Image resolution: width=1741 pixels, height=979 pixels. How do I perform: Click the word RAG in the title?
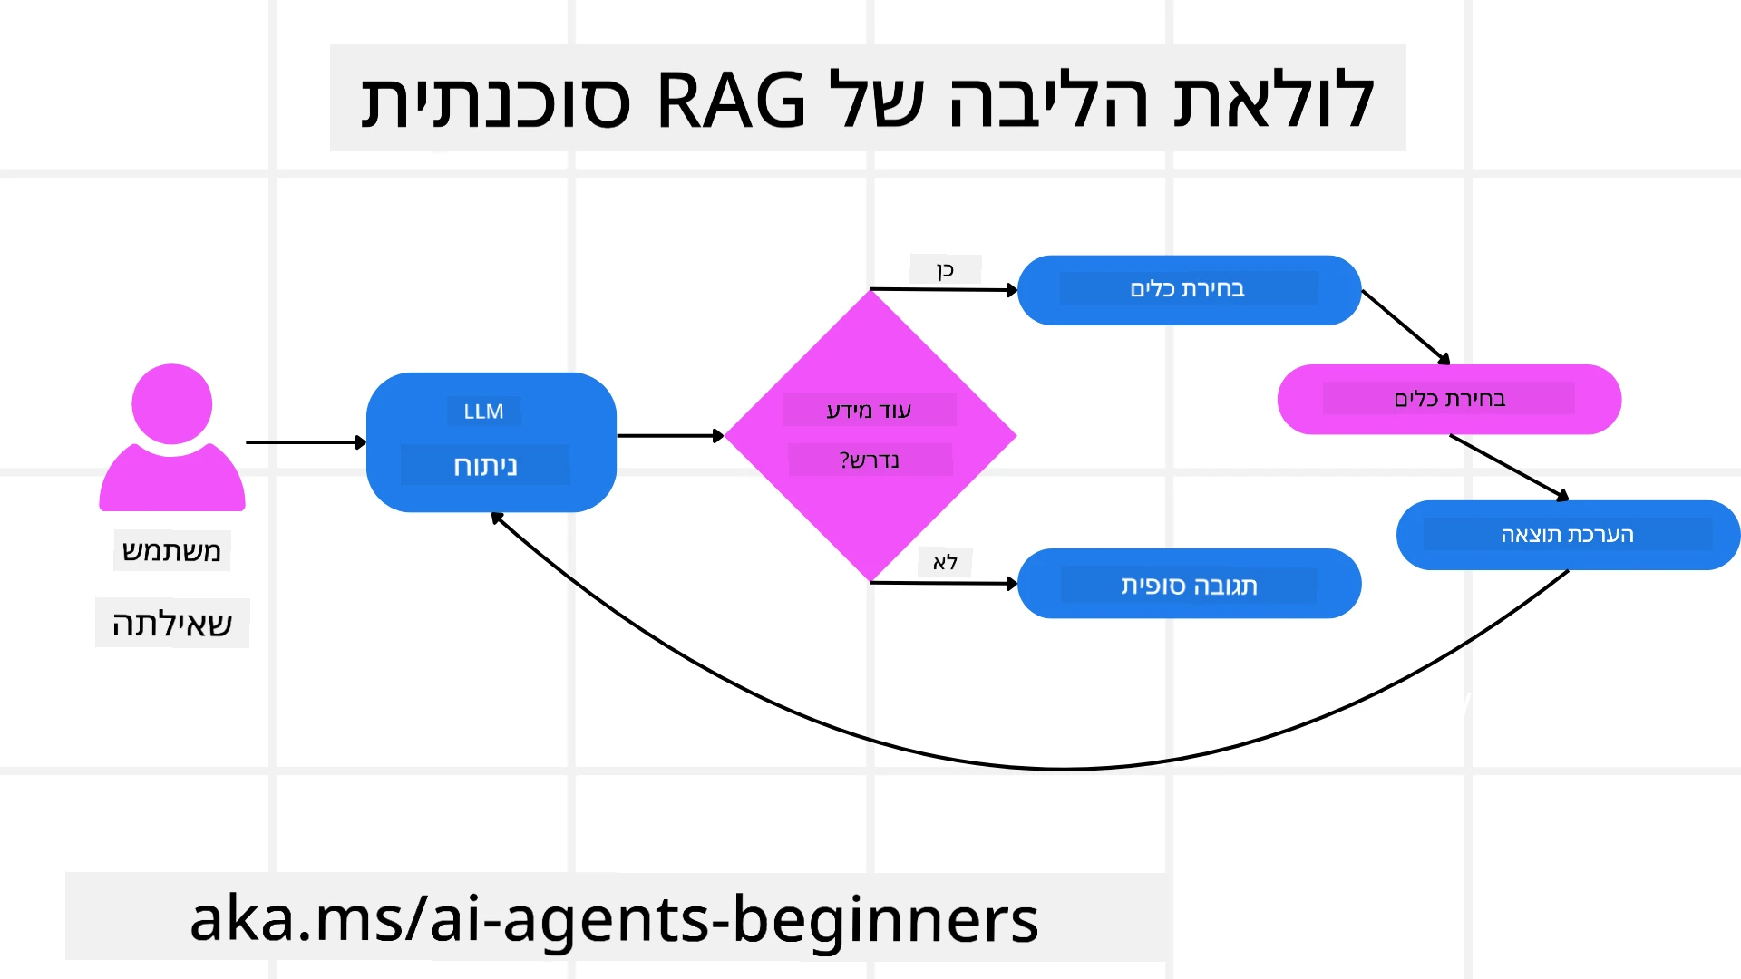click(730, 100)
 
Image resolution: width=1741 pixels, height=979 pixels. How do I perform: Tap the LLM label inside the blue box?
click(483, 412)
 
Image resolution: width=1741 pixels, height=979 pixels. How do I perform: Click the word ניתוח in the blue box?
click(485, 466)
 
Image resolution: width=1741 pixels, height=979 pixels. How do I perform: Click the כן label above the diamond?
click(945, 270)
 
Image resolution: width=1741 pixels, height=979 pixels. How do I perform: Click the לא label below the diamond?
click(945, 563)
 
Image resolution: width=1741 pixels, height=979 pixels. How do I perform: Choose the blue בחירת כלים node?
click(1188, 290)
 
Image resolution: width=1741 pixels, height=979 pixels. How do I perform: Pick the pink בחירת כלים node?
click(1449, 400)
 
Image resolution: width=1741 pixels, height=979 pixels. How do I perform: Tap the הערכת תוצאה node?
click(1567, 535)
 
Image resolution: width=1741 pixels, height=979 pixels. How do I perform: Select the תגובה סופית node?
click(1189, 585)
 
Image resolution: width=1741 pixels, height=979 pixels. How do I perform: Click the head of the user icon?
click(171, 404)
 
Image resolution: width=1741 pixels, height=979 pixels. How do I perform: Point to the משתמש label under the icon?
click(171, 551)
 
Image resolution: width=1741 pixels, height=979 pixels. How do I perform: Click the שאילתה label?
click(171, 624)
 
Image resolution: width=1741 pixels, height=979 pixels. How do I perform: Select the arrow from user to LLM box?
click(304, 442)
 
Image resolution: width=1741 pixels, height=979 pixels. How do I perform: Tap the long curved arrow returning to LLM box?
click(1061, 769)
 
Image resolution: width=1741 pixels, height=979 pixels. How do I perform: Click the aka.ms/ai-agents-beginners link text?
click(614, 919)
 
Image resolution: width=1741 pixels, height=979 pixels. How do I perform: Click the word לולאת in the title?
click(1274, 100)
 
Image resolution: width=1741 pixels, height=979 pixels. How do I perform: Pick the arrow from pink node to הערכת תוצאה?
click(1509, 467)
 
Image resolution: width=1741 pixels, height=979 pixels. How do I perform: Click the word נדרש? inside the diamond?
click(869, 460)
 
